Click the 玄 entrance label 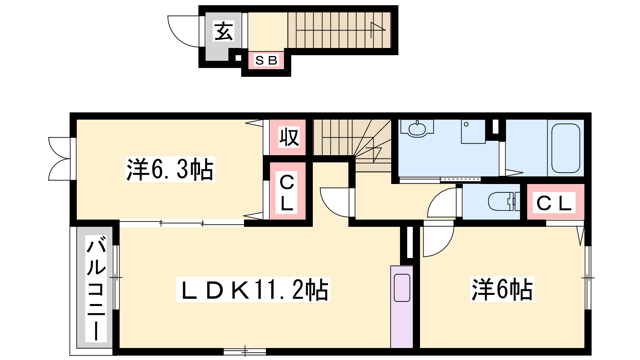pos(224,31)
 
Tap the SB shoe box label pos(266,60)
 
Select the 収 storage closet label pos(289,137)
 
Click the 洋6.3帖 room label pos(170,170)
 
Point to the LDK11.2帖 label pos(253,290)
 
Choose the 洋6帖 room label pos(502,289)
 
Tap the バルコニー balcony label pos(96,289)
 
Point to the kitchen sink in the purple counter pos(402,288)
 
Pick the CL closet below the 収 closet pos(287,191)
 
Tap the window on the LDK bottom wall pos(245,352)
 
